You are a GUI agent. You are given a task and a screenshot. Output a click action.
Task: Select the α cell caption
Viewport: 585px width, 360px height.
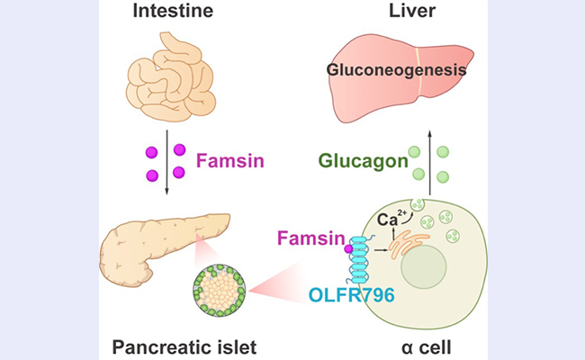click(426, 346)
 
